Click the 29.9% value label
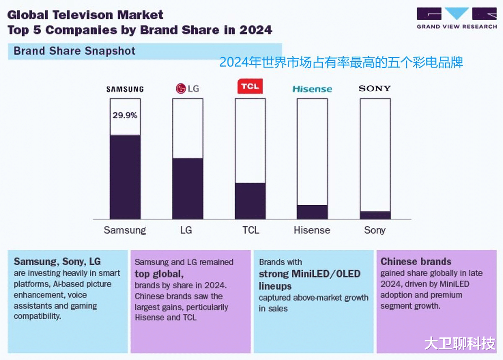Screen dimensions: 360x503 click(125, 115)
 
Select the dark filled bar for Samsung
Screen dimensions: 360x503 click(125, 177)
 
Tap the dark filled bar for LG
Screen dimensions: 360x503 click(187, 188)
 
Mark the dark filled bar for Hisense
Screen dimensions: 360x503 click(312, 212)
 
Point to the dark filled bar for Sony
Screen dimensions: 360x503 click(375, 215)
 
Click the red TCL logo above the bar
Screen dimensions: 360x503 click(250, 87)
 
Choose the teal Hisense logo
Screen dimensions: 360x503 click(312, 89)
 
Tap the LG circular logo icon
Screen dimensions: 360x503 click(180, 89)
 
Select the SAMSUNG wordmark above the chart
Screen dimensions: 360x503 click(125, 89)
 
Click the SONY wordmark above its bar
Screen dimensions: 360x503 click(375, 88)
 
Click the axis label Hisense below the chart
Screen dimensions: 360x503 click(312, 230)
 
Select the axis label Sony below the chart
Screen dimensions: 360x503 click(375, 230)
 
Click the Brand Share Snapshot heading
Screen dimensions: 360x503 click(75, 51)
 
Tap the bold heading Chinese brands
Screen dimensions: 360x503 click(416, 261)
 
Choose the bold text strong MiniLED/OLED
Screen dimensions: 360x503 click(310, 274)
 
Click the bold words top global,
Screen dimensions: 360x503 click(159, 274)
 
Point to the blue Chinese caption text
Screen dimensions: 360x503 click(341, 63)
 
